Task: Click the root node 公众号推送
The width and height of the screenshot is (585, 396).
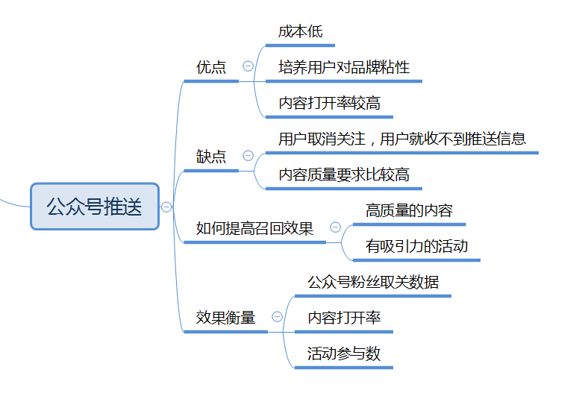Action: click(x=95, y=207)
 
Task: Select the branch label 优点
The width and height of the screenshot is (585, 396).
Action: click(x=211, y=67)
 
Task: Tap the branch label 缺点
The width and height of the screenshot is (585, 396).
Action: click(x=211, y=157)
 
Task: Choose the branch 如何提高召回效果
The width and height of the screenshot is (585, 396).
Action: click(x=254, y=228)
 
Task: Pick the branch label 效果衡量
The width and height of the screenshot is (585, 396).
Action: click(x=225, y=318)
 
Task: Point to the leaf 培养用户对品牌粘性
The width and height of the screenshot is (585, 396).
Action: click(x=344, y=67)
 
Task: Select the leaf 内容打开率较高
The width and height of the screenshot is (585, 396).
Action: click(x=329, y=103)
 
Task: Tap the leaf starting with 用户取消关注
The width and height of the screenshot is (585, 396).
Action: click(x=402, y=139)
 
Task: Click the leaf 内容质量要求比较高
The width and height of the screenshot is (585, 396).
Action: click(x=344, y=175)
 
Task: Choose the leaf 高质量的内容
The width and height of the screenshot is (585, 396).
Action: click(x=409, y=210)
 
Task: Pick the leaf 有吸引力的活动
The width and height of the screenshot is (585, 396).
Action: click(x=416, y=246)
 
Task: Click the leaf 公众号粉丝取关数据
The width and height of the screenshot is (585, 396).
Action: click(x=373, y=282)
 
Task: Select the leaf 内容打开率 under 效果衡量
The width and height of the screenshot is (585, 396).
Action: click(x=344, y=318)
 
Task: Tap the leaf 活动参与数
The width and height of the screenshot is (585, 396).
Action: click(x=344, y=353)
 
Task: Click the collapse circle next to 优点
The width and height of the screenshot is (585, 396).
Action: click(x=248, y=66)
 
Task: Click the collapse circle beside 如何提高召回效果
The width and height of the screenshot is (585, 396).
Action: click(x=335, y=227)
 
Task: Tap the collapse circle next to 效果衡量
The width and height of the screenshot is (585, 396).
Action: click(x=277, y=317)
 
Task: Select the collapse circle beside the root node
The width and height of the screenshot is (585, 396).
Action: click(x=166, y=207)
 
